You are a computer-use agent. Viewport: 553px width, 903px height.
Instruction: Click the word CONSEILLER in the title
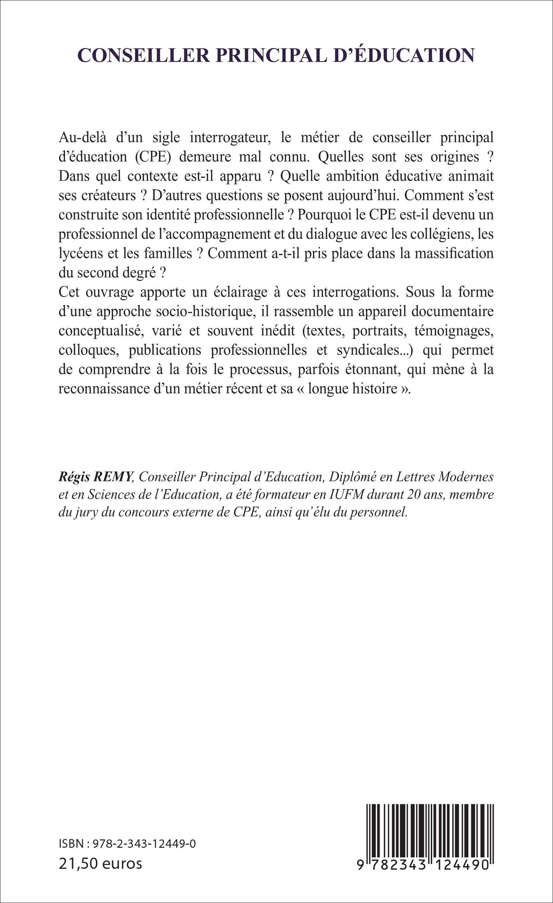point(144,55)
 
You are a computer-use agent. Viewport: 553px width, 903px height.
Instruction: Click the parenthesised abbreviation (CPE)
point(153,157)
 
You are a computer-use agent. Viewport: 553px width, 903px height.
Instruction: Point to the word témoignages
point(454,331)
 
